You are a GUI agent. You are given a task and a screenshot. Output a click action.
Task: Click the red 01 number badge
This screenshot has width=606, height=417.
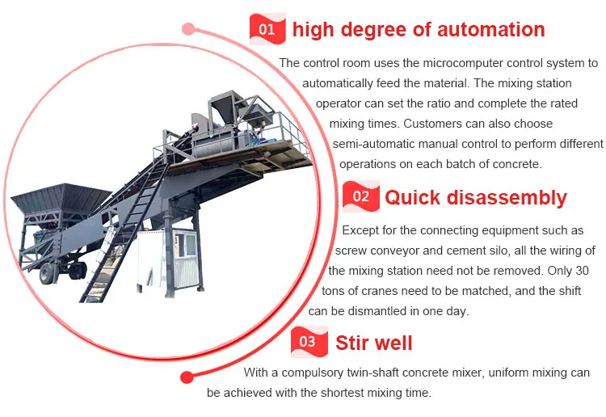[267, 29]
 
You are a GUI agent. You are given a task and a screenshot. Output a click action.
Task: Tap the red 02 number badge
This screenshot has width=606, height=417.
[361, 196]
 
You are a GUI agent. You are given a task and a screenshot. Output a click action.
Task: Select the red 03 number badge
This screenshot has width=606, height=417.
[309, 342]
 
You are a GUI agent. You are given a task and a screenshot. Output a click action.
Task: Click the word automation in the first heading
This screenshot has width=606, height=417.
[490, 29]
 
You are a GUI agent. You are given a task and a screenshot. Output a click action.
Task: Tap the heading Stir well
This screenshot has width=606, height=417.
[374, 343]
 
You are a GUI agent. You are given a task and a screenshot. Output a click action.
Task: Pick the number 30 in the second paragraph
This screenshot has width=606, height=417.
[582, 271]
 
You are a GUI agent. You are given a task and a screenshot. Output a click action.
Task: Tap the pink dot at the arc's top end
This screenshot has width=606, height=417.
[188, 28]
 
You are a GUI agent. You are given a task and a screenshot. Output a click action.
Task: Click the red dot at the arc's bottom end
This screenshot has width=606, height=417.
[187, 377]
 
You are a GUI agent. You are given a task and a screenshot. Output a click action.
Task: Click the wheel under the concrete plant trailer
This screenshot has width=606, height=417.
[47, 273]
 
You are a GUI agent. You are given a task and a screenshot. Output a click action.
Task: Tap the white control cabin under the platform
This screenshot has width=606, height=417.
[169, 258]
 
